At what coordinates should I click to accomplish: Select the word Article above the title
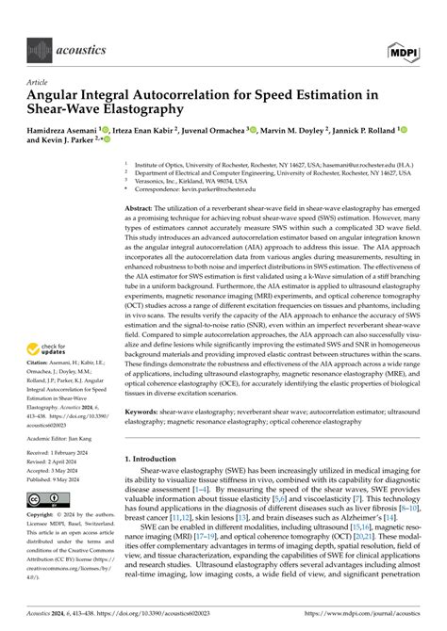[x=36, y=81]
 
